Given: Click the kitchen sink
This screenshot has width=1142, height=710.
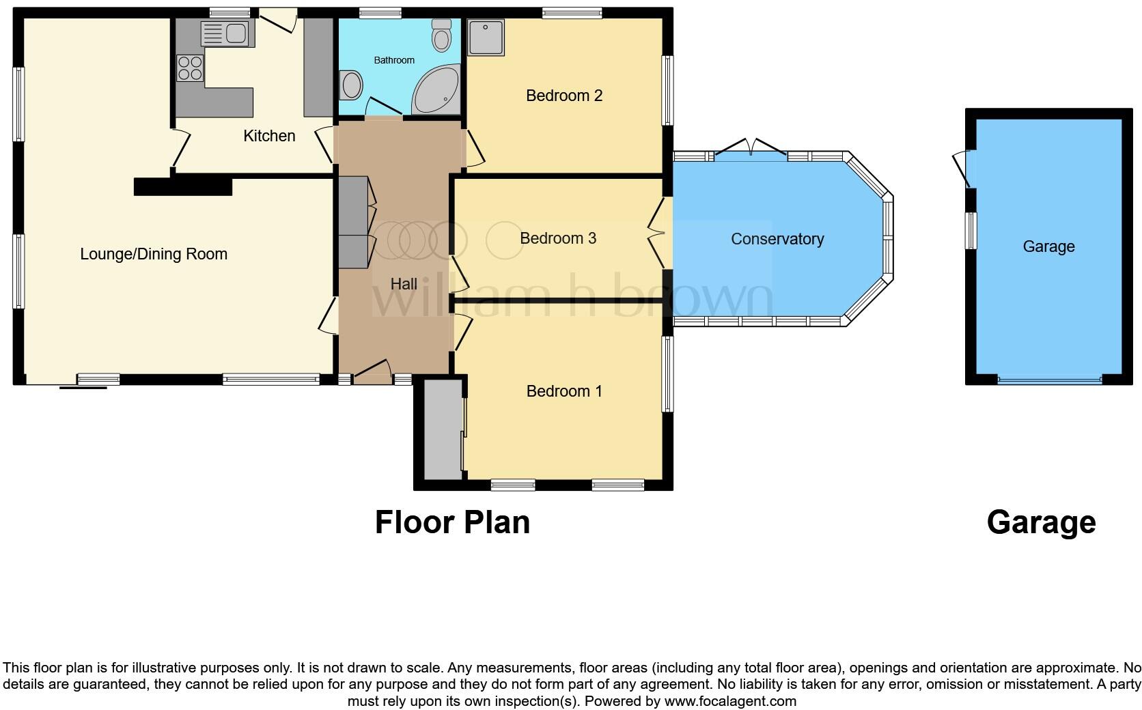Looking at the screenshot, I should (227, 33).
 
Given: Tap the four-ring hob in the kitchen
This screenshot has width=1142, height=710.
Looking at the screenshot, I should (191, 68).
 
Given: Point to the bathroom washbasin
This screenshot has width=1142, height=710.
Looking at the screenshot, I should (351, 85).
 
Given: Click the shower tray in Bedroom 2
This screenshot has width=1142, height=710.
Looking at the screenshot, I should (486, 37).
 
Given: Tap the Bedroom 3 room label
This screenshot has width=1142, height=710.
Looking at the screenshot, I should (557, 238).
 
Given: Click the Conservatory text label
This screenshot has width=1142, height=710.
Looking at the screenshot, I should (777, 239).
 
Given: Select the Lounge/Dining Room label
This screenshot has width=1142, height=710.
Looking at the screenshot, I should (154, 254).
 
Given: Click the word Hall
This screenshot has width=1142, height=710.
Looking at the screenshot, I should (404, 284).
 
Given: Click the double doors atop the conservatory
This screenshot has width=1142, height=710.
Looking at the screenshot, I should (750, 147).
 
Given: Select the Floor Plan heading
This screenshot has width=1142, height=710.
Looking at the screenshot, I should (452, 522).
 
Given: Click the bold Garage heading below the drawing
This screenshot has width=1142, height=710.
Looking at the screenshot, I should (1041, 522).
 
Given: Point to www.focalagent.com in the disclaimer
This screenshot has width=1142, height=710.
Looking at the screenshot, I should (729, 701).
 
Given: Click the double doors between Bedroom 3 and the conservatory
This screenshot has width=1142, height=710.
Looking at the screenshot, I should (657, 235).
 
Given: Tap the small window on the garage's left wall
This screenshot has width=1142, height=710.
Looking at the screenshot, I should (971, 231).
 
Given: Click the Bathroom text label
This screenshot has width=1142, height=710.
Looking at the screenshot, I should (394, 60).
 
